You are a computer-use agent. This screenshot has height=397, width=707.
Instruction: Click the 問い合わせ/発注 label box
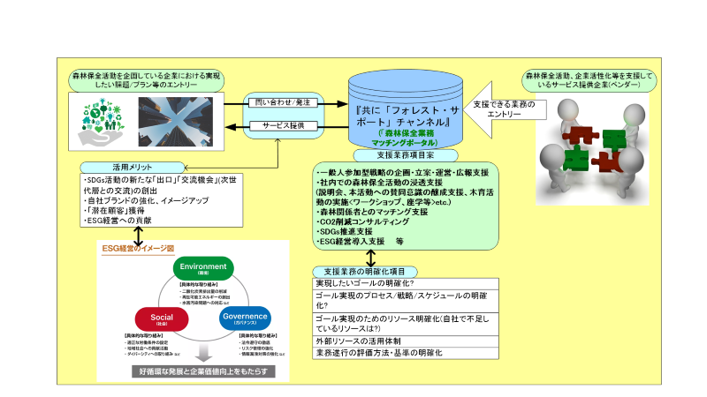click(277, 101)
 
